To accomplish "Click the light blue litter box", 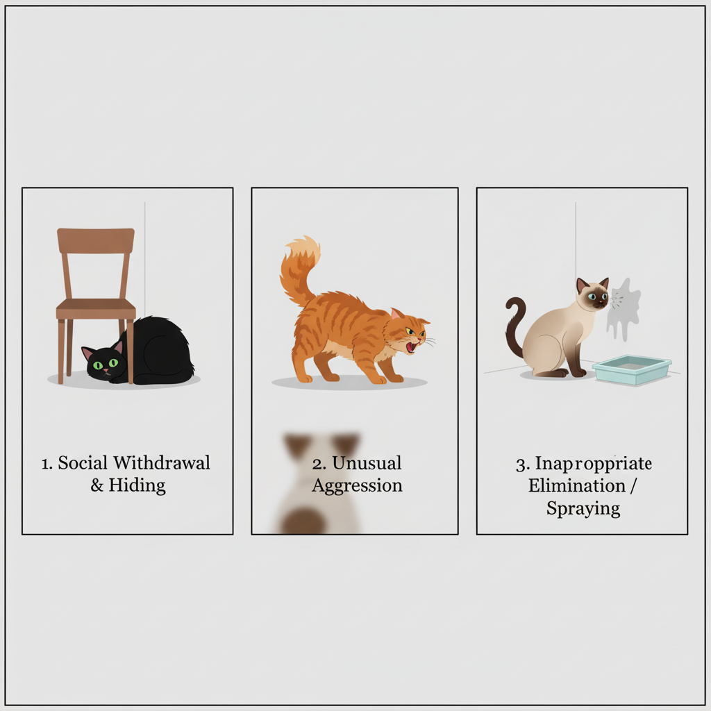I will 632,369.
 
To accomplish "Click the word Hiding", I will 137,485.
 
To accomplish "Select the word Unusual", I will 367,463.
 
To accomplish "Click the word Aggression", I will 357,485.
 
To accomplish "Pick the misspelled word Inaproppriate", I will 593,463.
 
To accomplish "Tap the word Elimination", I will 576,485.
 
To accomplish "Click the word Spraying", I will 583,508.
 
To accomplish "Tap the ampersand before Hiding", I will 97,485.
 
